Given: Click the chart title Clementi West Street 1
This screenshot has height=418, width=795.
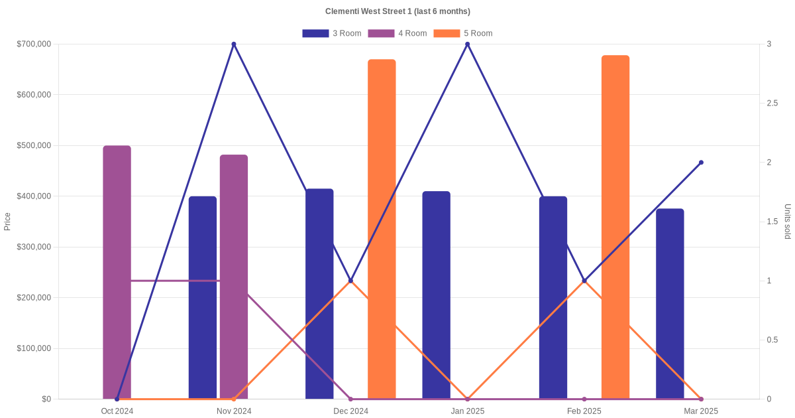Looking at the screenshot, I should pyautogui.click(x=397, y=11).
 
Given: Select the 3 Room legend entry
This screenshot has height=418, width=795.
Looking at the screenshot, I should pyautogui.click(x=331, y=33).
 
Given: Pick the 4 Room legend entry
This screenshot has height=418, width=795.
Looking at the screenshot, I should pyautogui.click(x=397, y=33).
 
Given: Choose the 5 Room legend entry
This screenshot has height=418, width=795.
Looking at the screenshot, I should pyautogui.click(x=462, y=33).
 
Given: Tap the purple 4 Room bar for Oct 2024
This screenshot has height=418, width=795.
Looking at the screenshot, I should pyautogui.click(x=117, y=272).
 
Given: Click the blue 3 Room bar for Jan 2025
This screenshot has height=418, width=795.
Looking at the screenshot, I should pyautogui.click(x=436, y=295).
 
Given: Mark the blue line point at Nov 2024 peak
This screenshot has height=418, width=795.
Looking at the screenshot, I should pyautogui.click(x=234, y=44).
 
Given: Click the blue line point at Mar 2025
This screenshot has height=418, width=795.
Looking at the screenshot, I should pyautogui.click(x=701, y=163).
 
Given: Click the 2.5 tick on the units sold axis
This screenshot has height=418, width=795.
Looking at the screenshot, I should pyautogui.click(x=772, y=104).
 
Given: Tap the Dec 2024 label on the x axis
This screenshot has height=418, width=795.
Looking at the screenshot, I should pyautogui.click(x=350, y=411).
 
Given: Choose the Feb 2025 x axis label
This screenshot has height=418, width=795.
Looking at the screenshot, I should pyautogui.click(x=584, y=411).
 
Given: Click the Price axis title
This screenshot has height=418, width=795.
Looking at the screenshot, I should pyautogui.click(x=7, y=222).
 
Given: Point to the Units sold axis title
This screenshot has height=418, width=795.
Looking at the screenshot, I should pyautogui.click(x=788, y=222).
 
